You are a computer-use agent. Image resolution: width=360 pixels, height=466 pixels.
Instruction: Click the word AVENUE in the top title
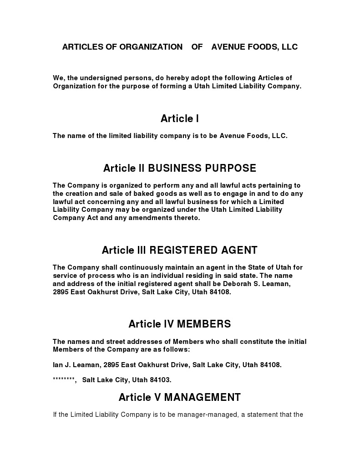[x=228, y=47]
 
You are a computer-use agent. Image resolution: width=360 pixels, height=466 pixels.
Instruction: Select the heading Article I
[x=180, y=119]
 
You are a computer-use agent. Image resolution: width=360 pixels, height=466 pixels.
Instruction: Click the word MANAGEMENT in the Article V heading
[x=202, y=397]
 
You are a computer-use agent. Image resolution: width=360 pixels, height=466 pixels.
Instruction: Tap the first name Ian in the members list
[x=58, y=365]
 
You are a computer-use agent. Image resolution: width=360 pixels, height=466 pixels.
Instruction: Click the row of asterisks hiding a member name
[x=64, y=379]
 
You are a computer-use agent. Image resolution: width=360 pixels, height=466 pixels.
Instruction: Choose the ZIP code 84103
[x=160, y=380]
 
